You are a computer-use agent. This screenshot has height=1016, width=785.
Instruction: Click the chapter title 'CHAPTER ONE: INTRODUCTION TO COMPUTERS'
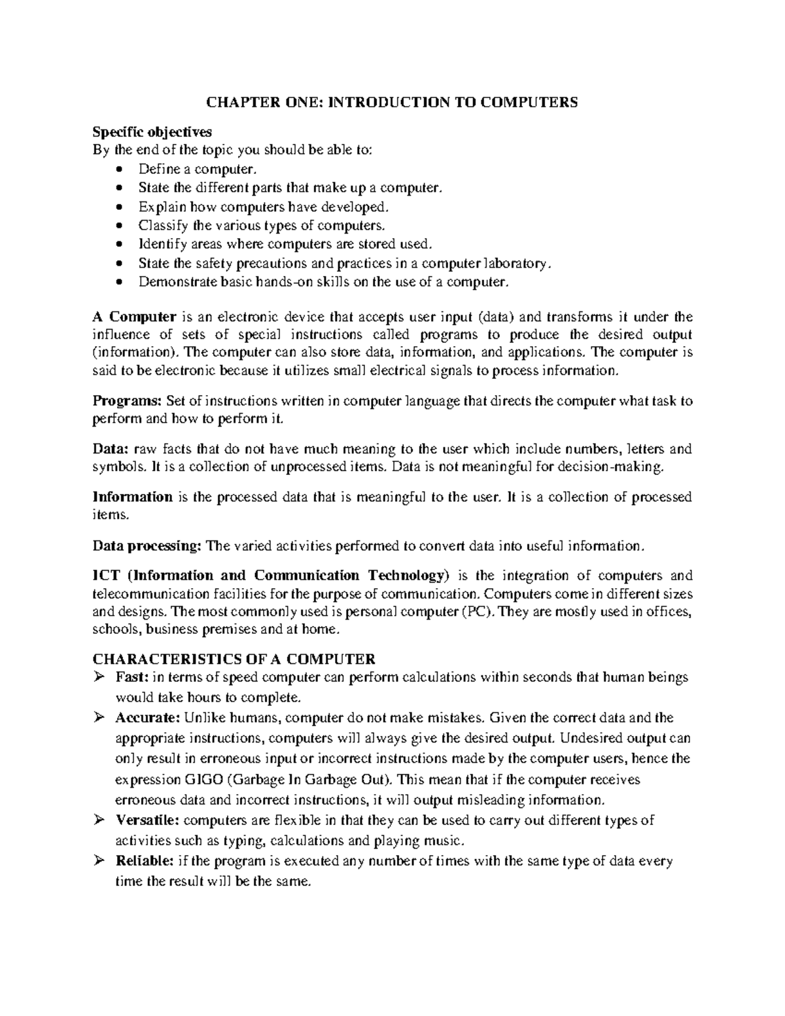[x=392, y=102]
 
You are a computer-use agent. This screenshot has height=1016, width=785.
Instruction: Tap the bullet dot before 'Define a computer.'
[x=118, y=169]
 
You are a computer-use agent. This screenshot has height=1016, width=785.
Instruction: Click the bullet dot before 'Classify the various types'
[x=118, y=226]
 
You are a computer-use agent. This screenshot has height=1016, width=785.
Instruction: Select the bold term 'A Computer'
[x=134, y=317]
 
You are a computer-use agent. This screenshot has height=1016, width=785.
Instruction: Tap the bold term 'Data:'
[x=111, y=449]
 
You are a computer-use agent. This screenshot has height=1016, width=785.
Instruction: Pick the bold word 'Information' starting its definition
[x=132, y=497]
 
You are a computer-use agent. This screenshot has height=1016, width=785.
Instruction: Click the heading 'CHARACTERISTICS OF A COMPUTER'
[x=234, y=659]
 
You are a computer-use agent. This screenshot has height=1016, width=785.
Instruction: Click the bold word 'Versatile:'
[x=148, y=820]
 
